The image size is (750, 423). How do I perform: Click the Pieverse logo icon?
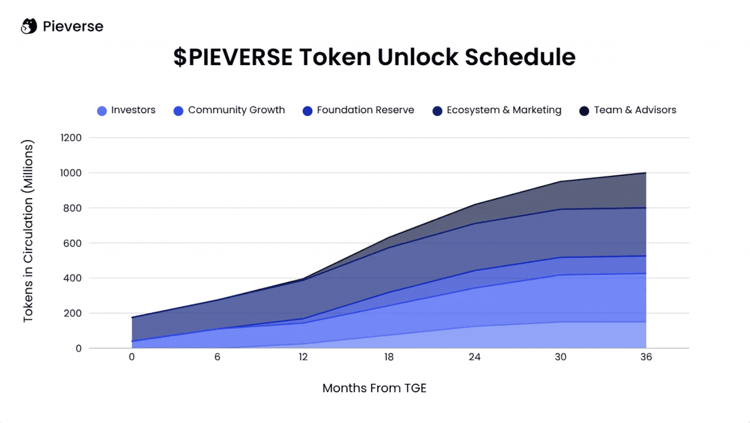[x=29, y=26]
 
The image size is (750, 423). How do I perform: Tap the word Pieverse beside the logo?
[x=73, y=26]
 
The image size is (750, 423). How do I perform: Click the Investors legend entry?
[x=127, y=110]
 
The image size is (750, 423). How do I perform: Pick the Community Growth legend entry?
[x=230, y=110]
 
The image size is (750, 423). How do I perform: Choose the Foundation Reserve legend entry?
[x=359, y=110]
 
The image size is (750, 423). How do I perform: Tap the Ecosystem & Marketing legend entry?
[x=497, y=110]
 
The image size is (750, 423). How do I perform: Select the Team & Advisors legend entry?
[x=628, y=110]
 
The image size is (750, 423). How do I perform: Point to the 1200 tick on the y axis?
[x=71, y=138]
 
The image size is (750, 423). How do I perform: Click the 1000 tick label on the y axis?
[x=71, y=173]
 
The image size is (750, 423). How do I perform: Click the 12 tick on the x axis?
[x=304, y=357]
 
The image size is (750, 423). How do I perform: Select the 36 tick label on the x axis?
[x=646, y=357]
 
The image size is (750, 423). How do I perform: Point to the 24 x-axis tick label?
[x=475, y=357]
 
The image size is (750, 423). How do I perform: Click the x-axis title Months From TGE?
[x=374, y=388]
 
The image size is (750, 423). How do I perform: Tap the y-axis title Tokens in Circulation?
[x=29, y=232]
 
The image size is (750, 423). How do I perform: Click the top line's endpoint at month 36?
[x=646, y=173]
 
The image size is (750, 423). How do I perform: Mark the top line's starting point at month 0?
[x=132, y=318]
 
